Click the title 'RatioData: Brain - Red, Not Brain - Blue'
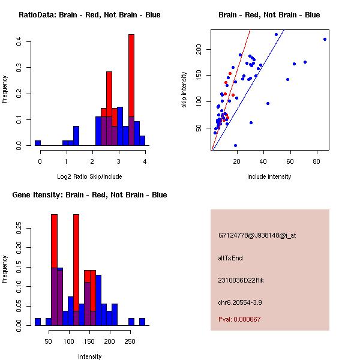(x=89, y=14)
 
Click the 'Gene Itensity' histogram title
(x=89, y=195)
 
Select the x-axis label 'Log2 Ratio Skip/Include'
(x=89, y=176)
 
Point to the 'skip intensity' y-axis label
(x=185, y=89)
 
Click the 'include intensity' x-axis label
(x=269, y=176)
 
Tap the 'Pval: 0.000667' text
(x=239, y=319)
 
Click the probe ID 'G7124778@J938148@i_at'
(x=257, y=235)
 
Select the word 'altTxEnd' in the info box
(x=230, y=258)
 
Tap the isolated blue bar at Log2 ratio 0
(x=38, y=143)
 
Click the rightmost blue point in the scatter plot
(x=325, y=40)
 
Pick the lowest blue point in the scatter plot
(x=235, y=145)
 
